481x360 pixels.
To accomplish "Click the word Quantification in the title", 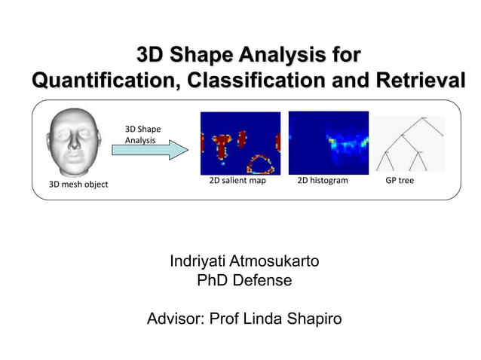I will tap(102, 81).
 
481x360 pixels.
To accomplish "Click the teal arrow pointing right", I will tap(150, 150).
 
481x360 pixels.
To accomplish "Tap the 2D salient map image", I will tap(240, 143).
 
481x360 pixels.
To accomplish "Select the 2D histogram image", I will tap(328, 143).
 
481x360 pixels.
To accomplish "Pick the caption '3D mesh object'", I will tap(78, 185).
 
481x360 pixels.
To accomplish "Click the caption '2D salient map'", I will tap(237, 182).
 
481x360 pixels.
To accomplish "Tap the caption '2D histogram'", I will tap(323, 182).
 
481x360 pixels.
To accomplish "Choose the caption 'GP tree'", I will tap(400, 182).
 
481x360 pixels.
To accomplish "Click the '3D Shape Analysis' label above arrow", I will tap(142, 134).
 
